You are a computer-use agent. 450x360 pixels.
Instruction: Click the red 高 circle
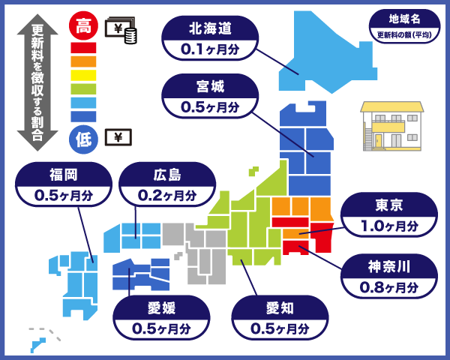[83, 28]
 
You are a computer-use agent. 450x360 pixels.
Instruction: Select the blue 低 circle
[83, 139]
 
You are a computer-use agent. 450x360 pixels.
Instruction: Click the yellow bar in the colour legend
[83, 75]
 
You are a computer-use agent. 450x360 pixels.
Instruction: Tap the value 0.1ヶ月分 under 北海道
[210, 50]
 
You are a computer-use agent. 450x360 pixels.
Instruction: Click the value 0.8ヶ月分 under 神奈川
[389, 286]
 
